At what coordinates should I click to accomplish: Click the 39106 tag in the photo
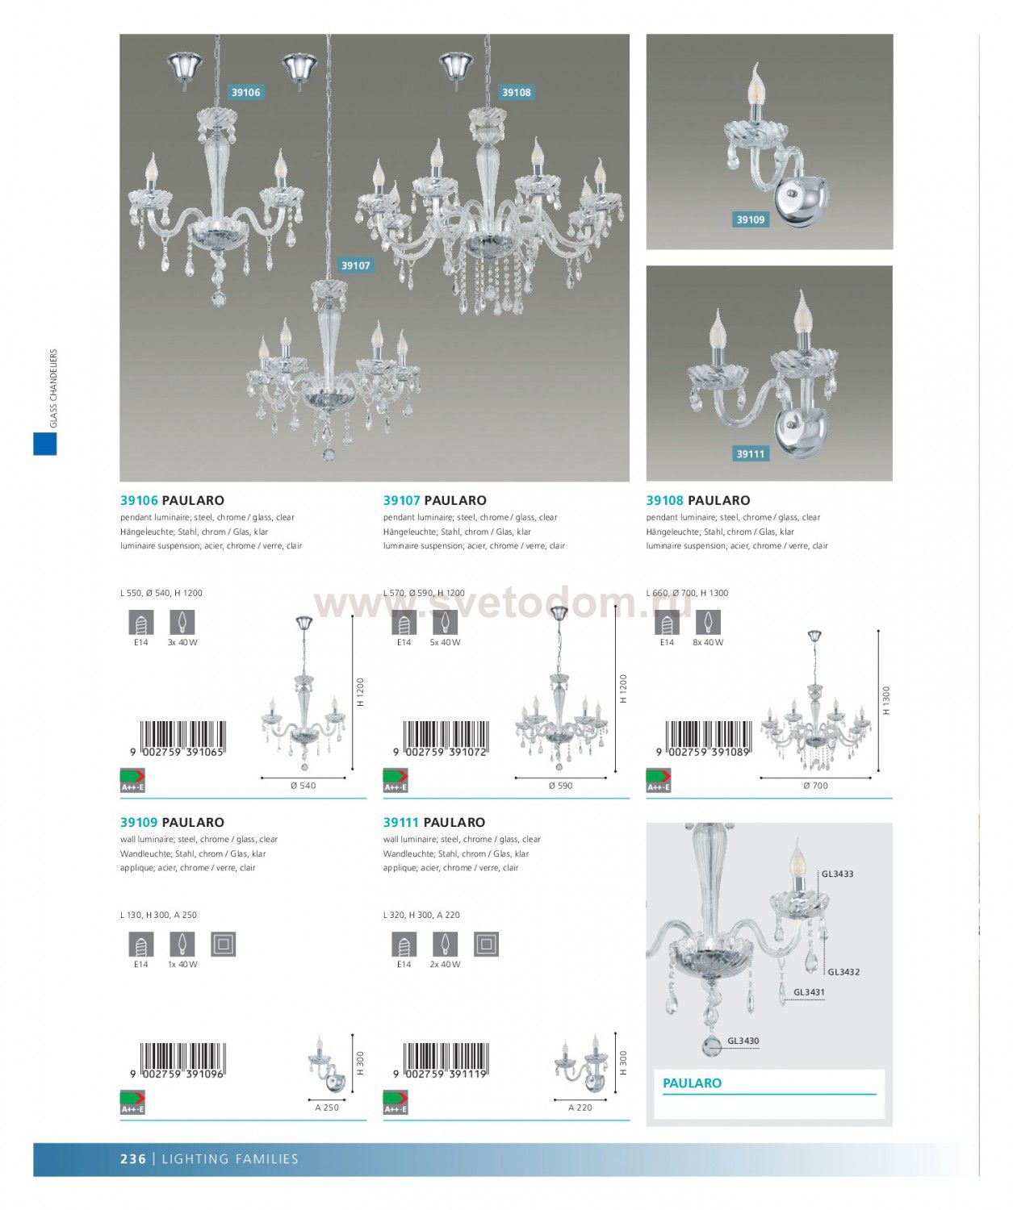click(x=246, y=92)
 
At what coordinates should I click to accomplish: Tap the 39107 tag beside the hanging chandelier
click(x=355, y=265)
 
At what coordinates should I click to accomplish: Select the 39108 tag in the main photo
click(x=516, y=92)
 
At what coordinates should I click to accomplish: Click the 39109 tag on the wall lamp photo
click(x=751, y=219)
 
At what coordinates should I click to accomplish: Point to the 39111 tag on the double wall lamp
click(x=751, y=453)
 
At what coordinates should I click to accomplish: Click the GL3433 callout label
click(x=837, y=874)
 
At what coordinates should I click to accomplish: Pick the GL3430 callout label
click(x=743, y=1041)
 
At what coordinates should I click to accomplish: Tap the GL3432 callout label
click(x=843, y=972)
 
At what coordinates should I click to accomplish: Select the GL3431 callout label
click(x=809, y=991)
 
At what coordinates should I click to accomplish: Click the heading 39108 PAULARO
click(x=698, y=500)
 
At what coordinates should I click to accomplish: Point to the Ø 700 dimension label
click(x=815, y=785)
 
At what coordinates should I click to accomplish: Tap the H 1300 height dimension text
click(x=885, y=700)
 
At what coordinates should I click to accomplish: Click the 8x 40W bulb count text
click(x=708, y=642)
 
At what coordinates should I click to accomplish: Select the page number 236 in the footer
click(x=133, y=1158)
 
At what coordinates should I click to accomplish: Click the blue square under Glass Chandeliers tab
click(x=44, y=444)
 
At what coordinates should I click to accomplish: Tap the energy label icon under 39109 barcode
click(x=133, y=1102)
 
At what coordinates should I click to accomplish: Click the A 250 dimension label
click(x=327, y=1108)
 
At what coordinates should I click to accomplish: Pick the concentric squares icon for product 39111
click(x=486, y=945)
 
